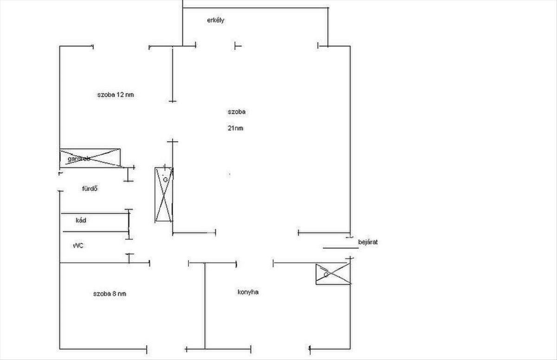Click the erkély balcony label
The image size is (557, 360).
click(x=216, y=20)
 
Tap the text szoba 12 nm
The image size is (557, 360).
click(x=116, y=95)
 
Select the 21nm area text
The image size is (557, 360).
click(x=235, y=129)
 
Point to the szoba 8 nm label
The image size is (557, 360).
click(x=109, y=294)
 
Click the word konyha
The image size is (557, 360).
click(x=248, y=292)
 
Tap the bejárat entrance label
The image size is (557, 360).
click(x=368, y=242)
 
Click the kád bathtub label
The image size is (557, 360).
click(x=81, y=220)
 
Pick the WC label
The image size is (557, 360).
click(x=78, y=246)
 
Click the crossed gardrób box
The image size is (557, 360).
click(x=90, y=158)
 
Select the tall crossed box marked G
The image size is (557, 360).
click(x=164, y=195)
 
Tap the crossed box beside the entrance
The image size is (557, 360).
click(x=332, y=274)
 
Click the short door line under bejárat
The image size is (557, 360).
click(x=341, y=248)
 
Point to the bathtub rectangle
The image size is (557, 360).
click(x=95, y=221)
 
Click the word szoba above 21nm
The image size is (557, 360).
click(x=236, y=112)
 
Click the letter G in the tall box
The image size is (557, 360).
click(x=165, y=179)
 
